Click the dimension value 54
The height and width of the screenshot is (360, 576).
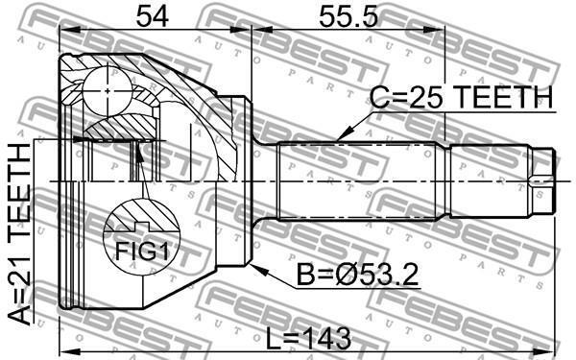click(152, 16)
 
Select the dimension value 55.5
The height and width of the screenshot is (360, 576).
click(348, 16)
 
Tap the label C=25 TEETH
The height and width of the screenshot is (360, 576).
click(461, 97)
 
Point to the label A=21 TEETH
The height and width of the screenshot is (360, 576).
click(19, 234)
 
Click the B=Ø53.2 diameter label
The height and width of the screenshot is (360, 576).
click(357, 275)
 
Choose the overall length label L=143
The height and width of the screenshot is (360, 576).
click(308, 339)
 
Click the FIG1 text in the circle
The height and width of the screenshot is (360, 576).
click(142, 252)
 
